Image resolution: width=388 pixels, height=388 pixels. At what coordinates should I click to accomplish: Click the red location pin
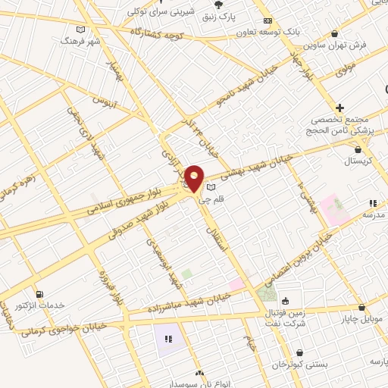[195, 179]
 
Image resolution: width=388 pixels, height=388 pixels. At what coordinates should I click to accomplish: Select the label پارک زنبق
[249, 15]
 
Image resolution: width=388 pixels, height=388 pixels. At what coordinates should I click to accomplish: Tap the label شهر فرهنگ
[83, 40]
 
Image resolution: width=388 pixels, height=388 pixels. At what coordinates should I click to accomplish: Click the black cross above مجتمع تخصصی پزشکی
[340, 108]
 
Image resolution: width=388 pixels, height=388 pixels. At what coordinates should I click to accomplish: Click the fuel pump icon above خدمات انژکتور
[39, 293]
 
